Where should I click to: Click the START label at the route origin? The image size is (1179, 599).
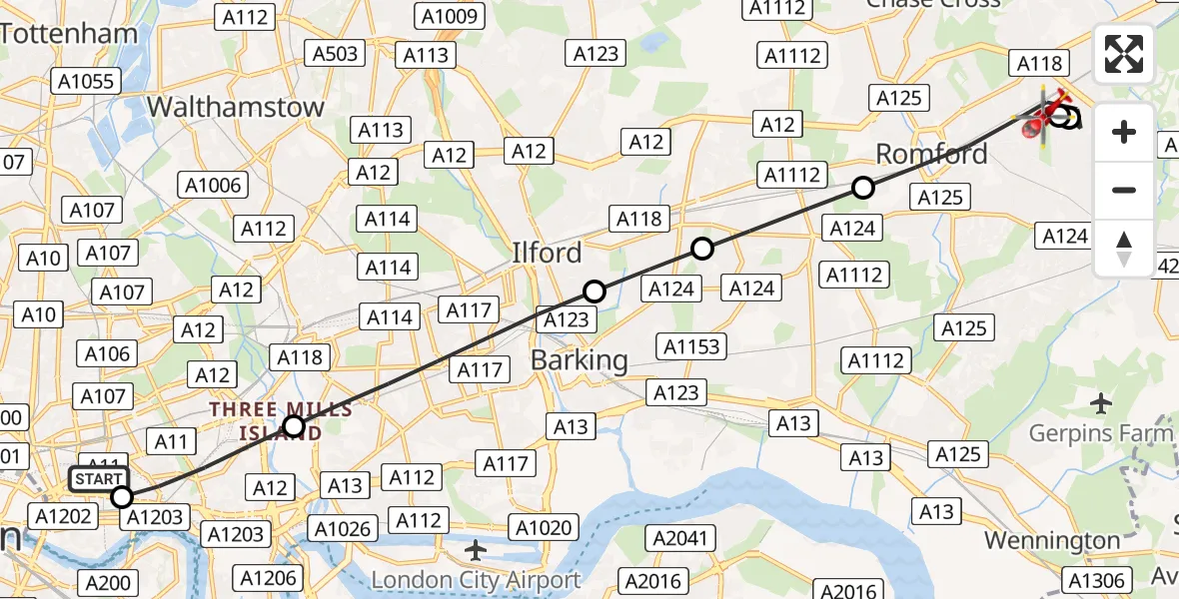tap(100, 479)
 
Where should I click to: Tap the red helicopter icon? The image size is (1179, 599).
tap(1043, 117)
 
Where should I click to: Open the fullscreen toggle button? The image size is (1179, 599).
tap(1124, 54)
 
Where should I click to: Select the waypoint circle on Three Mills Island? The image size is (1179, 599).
tap(294, 427)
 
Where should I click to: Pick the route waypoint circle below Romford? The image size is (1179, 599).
tap(863, 188)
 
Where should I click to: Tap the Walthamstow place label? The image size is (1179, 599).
tap(236, 107)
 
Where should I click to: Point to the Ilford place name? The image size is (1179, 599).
tap(547, 253)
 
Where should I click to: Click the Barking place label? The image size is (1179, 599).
tap(580, 360)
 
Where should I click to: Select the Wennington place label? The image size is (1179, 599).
tap(1052, 540)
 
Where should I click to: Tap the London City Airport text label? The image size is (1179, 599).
tap(476, 580)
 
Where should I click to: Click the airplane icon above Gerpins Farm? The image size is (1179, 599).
tap(1101, 403)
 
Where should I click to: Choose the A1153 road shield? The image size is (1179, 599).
tap(690, 345)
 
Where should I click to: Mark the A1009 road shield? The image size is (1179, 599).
tap(452, 16)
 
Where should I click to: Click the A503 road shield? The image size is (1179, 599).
tap(335, 54)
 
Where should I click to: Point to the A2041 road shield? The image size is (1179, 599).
tap(683, 539)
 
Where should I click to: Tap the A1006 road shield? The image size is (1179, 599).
tap(214, 185)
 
